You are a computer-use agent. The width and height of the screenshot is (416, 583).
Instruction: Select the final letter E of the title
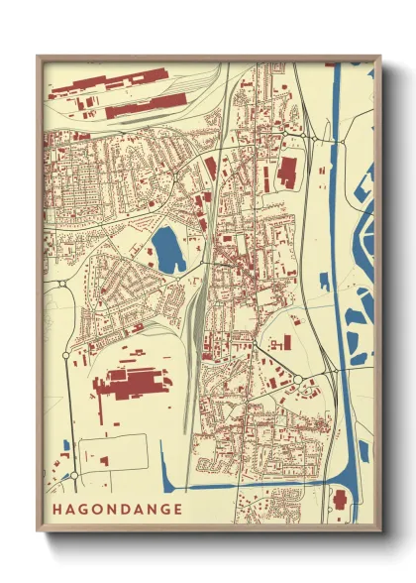pyautogui.click(x=177, y=510)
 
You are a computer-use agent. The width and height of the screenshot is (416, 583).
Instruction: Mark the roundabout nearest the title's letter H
pyautogui.click(x=73, y=476)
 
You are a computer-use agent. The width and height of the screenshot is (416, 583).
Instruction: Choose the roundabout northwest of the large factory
pyautogui.click(x=65, y=353)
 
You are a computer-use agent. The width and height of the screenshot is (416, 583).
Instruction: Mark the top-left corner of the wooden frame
pyautogui.click(x=39, y=57)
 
